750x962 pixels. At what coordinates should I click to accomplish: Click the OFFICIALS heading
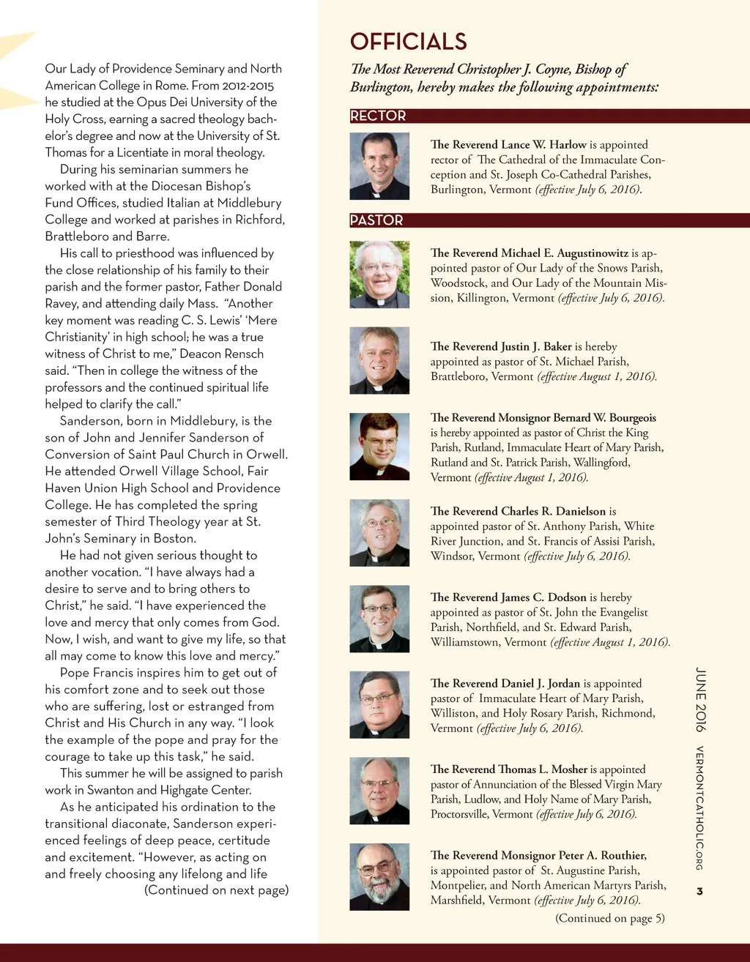coord(408,42)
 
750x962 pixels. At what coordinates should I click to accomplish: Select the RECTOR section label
coord(378,116)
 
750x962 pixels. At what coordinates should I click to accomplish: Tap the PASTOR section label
coord(376,220)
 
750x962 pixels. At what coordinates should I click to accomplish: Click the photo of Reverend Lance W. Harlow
coord(379,166)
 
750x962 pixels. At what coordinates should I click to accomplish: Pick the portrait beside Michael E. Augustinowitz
coord(379,275)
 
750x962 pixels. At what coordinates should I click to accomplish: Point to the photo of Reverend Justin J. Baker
coord(379,360)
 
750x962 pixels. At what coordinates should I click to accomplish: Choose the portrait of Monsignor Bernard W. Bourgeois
coord(379,447)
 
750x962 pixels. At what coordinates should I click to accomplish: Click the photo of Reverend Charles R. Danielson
coord(379,532)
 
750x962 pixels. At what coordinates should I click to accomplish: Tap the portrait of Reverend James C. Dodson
coord(379,619)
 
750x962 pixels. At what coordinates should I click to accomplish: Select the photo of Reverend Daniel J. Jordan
coord(379,704)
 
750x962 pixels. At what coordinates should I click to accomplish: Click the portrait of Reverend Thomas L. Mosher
coord(379,791)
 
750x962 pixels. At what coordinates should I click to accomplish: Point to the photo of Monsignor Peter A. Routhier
coord(379,876)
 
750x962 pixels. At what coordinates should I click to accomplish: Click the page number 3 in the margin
coord(699,891)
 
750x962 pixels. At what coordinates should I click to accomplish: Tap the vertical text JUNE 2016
coord(700,699)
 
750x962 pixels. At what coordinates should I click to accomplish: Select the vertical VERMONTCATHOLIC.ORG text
coord(699,808)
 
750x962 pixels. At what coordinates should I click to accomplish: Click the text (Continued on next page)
coord(216,890)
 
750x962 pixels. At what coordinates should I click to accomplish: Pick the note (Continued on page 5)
coord(610,918)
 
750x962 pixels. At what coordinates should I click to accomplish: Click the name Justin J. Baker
coord(536,346)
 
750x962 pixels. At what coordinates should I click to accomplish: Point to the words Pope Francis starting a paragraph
coord(94,672)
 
